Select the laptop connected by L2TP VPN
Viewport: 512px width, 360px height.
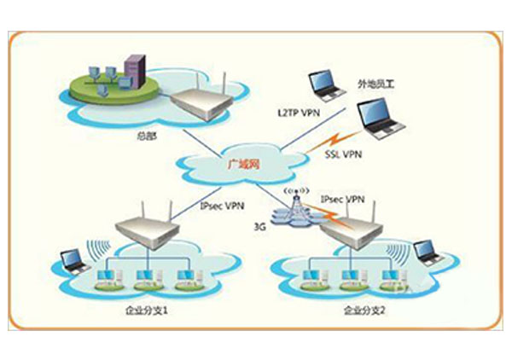coord(328,82)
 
